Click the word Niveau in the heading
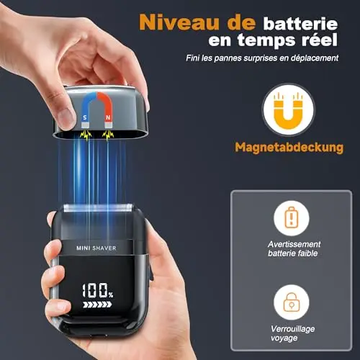pos(179,22)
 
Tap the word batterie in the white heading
pos(300,23)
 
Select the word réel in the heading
pos(320,40)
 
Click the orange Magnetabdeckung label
pos(289,147)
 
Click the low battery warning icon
pos(292,217)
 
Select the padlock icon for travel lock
pos(292,302)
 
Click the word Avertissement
pos(294,244)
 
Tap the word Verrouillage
pos(292,329)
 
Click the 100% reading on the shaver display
pos(97,290)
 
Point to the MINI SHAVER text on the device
pos(96,248)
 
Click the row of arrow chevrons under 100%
pos(97,305)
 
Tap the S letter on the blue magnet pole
pos(85,117)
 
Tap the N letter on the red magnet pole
pos(108,117)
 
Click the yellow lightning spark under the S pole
pos(86,135)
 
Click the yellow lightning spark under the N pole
pos(108,135)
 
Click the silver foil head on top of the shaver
pos(97,208)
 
